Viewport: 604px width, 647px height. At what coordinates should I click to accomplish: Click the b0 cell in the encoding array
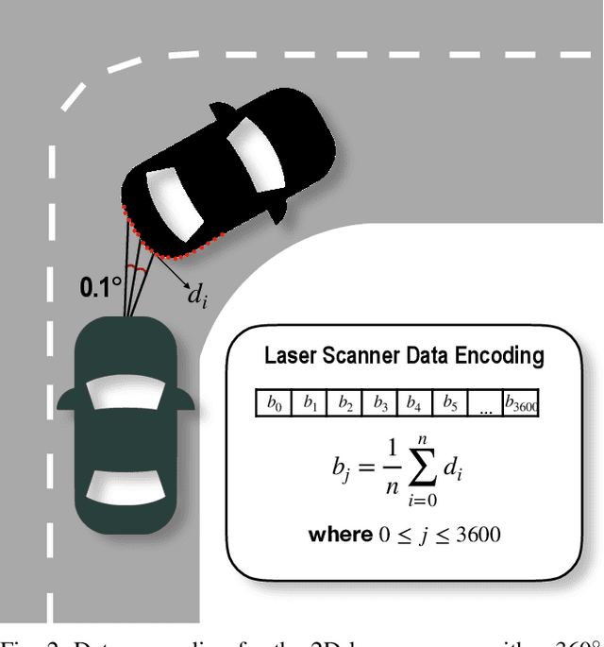(275, 404)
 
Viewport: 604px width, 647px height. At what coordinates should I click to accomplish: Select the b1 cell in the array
(310, 404)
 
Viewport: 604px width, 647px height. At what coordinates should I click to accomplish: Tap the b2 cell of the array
(345, 404)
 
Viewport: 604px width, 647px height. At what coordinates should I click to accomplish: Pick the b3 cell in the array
(380, 404)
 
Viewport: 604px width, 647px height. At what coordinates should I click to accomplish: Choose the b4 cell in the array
(414, 404)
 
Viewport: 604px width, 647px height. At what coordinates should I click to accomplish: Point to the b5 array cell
(450, 404)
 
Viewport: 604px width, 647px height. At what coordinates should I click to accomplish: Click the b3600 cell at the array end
(521, 404)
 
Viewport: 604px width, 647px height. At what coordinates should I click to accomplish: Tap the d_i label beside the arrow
(196, 296)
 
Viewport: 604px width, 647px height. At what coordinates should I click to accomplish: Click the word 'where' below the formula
(340, 535)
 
